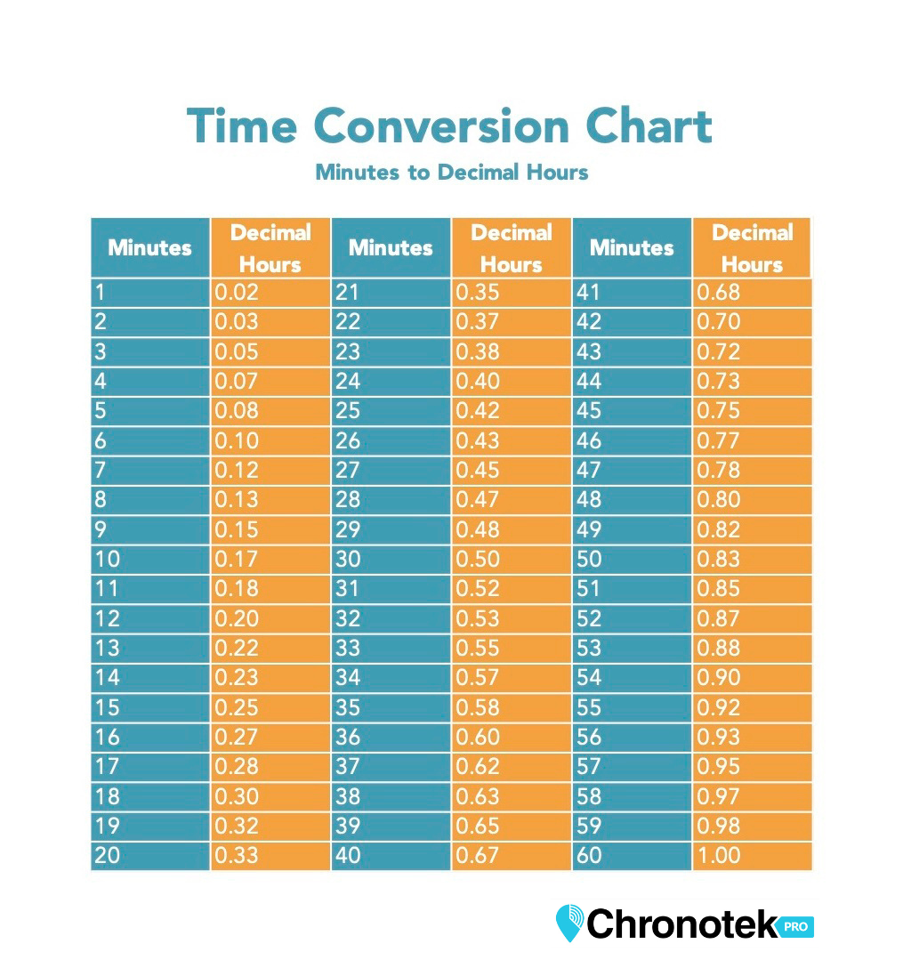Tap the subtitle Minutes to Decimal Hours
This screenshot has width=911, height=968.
(451, 172)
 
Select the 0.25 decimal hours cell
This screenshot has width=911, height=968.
(270, 707)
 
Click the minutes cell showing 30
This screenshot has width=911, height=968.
(391, 559)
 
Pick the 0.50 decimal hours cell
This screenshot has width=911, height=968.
(511, 559)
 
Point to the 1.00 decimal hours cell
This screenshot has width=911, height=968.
(752, 856)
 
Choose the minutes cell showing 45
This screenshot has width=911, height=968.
(632, 411)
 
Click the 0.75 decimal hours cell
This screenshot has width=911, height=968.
(752, 411)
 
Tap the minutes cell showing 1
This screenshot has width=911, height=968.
(149, 292)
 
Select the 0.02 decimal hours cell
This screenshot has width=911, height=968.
(270, 292)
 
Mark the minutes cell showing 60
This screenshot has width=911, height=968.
(632, 856)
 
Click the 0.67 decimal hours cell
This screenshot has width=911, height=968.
(511, 856)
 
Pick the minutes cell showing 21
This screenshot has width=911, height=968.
(391, 292)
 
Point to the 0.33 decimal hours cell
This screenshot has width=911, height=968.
(270, 856)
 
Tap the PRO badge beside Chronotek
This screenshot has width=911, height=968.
(797, 926)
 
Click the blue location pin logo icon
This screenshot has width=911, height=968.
(568, 923)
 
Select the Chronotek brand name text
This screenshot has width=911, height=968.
(682, 924)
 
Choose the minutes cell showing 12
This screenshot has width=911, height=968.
(149, 618)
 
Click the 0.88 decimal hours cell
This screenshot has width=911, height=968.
(752, 648)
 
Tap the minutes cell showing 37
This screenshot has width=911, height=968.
(391, 767)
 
